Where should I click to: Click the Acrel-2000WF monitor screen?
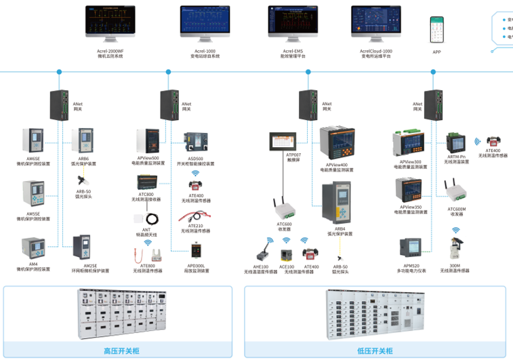tap(110, 21)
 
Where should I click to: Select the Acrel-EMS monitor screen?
tap(293, 21)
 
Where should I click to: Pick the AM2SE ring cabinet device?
tap(82, 249)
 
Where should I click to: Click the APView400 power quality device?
tap(337, 144)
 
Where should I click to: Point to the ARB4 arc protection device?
tap(337, 205)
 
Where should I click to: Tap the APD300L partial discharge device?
tap(196, 250)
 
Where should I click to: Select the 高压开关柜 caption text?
tap(121, 351)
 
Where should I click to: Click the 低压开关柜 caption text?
tap(375, 351)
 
